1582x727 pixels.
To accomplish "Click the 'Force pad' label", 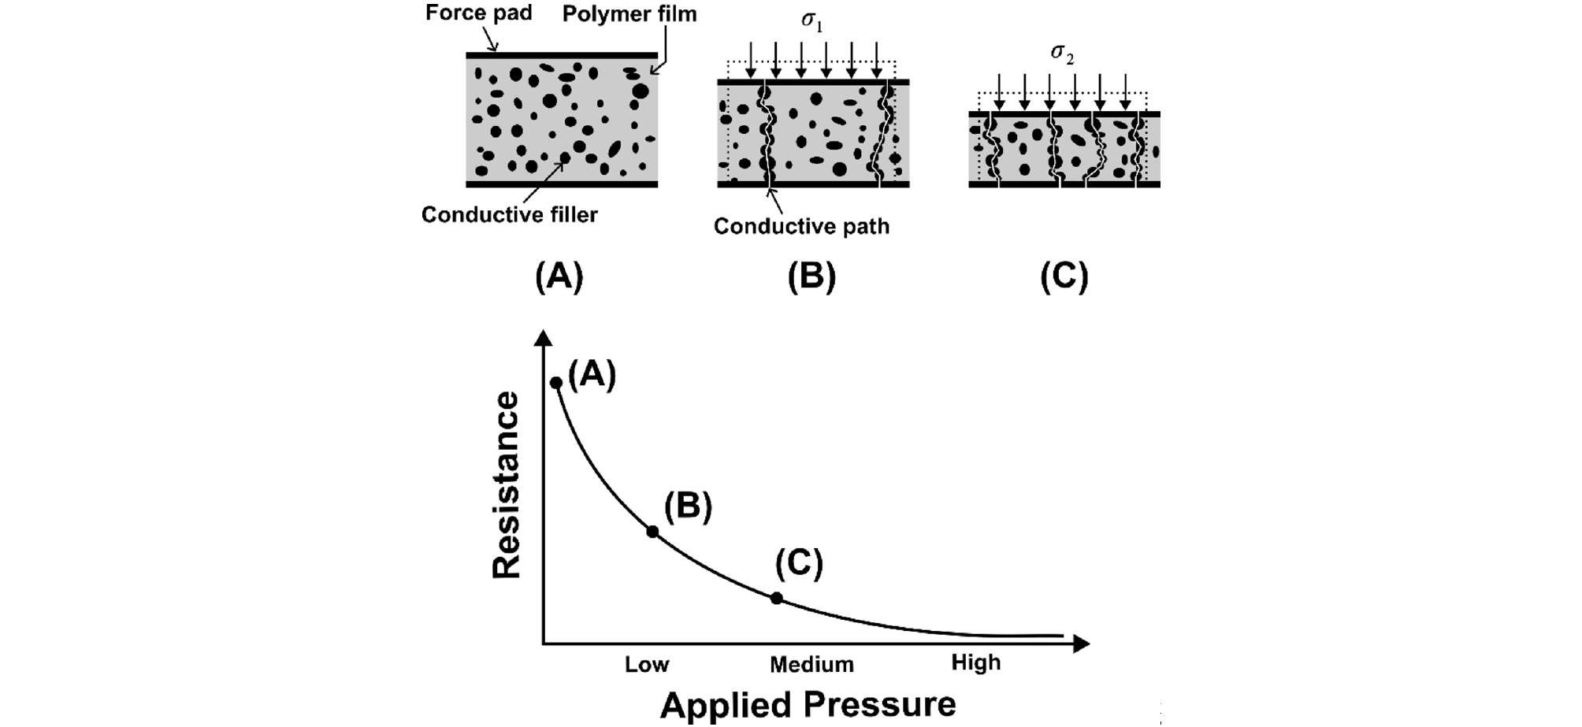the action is tap(478, 13).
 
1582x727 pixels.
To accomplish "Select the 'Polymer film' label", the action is tap(629, 14).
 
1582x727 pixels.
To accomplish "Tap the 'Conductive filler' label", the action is tap(510, 215).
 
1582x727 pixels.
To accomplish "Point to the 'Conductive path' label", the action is tap(801, 226).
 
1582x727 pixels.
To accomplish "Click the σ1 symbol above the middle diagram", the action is tap(811, 20).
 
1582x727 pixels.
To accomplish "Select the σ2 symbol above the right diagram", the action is tap(1063, 54).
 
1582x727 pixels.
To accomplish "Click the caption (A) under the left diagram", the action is tap(559, 276).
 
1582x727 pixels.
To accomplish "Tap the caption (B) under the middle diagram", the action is tap(811, 276).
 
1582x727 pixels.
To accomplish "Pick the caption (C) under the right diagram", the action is tap(1064, 276).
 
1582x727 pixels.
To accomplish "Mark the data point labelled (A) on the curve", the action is tap(555, 383).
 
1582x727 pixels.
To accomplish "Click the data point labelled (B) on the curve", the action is tap(652, 532).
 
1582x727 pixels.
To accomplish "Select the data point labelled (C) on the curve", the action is tap(777, 599).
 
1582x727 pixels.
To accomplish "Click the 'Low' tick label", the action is tap(647, 664).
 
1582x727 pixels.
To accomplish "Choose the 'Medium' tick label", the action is tap(811, 664).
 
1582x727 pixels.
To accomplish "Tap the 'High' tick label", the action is tap(976, 662).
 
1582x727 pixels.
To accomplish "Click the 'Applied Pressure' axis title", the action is tap(808, 704).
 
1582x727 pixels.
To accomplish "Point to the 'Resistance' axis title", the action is tap(507, 485).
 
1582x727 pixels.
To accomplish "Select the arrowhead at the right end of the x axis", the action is tap(1082, 644).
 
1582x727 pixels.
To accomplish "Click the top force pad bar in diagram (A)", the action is tap(562, 55).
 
